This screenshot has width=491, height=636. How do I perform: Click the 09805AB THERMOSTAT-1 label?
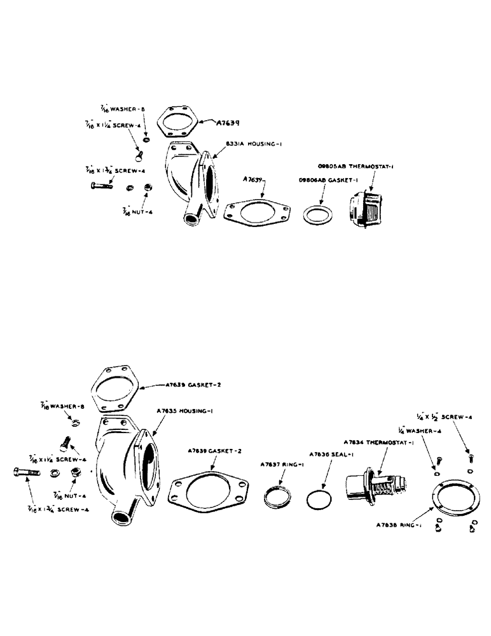(x=358, y=166)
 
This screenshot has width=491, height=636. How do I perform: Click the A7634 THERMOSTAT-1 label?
(x=375, y=442)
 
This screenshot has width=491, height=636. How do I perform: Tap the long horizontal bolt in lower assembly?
(x=26, y=473)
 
